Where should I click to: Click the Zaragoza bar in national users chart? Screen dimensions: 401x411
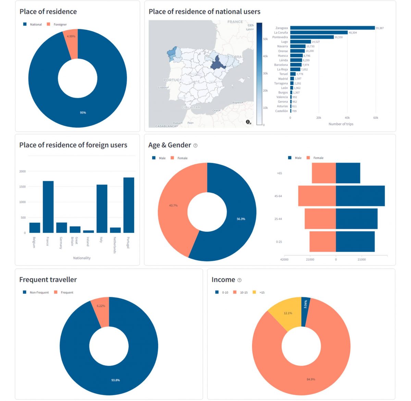(x=332, y=28)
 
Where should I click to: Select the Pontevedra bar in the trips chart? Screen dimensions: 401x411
(x=312, y=37)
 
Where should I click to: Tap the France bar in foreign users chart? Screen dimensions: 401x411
(x=48, y=207)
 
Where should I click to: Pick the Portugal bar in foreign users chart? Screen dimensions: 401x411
(x=129, y=205)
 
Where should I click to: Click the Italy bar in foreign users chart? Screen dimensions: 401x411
(x=102, y=208)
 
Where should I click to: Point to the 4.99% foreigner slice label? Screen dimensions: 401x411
(x=71, y=36)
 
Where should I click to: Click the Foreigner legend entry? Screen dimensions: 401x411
(x=60, y=25)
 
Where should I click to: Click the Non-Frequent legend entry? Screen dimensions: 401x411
(x=39, y=293)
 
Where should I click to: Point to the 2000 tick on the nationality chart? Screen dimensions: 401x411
(x=22, y=171)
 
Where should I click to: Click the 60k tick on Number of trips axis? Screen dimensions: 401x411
(x=376, y=118)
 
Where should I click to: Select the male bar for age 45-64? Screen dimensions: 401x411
(x=360, y=196)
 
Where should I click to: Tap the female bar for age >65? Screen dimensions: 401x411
(x=324, y=173)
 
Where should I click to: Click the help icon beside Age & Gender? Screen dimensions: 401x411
(x=196, y=146)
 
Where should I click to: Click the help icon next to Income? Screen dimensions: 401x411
(x=239, y=280)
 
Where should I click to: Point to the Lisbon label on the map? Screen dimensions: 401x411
(x=162, y=88)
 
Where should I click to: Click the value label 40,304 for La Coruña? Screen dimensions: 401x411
(x=352, y=33)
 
